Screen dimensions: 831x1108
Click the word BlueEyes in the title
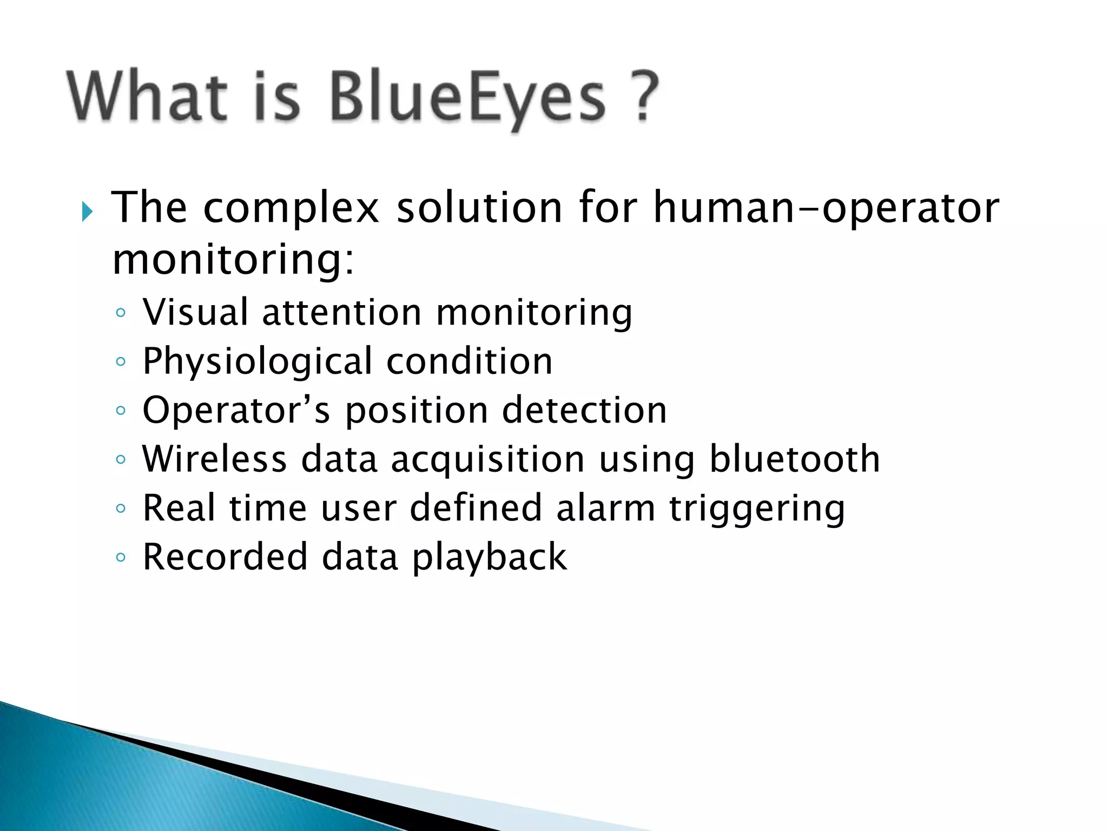[x=466, y=97]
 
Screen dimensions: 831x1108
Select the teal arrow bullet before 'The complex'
[x=87, y=212]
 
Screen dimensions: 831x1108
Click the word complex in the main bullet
[x=291, y=208]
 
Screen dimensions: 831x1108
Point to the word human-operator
[x=826, y=208]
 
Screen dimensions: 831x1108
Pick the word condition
[x=469, y=361]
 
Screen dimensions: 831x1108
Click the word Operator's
[x=236, y=410]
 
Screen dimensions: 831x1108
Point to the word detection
[x=584, y=410]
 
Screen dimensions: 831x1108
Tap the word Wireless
[x=214, y=459]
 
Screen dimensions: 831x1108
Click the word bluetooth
[x=794, y=459]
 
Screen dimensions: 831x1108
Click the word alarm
[x=605, y=508]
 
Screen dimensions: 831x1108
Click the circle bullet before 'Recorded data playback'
[x=121, y=557]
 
